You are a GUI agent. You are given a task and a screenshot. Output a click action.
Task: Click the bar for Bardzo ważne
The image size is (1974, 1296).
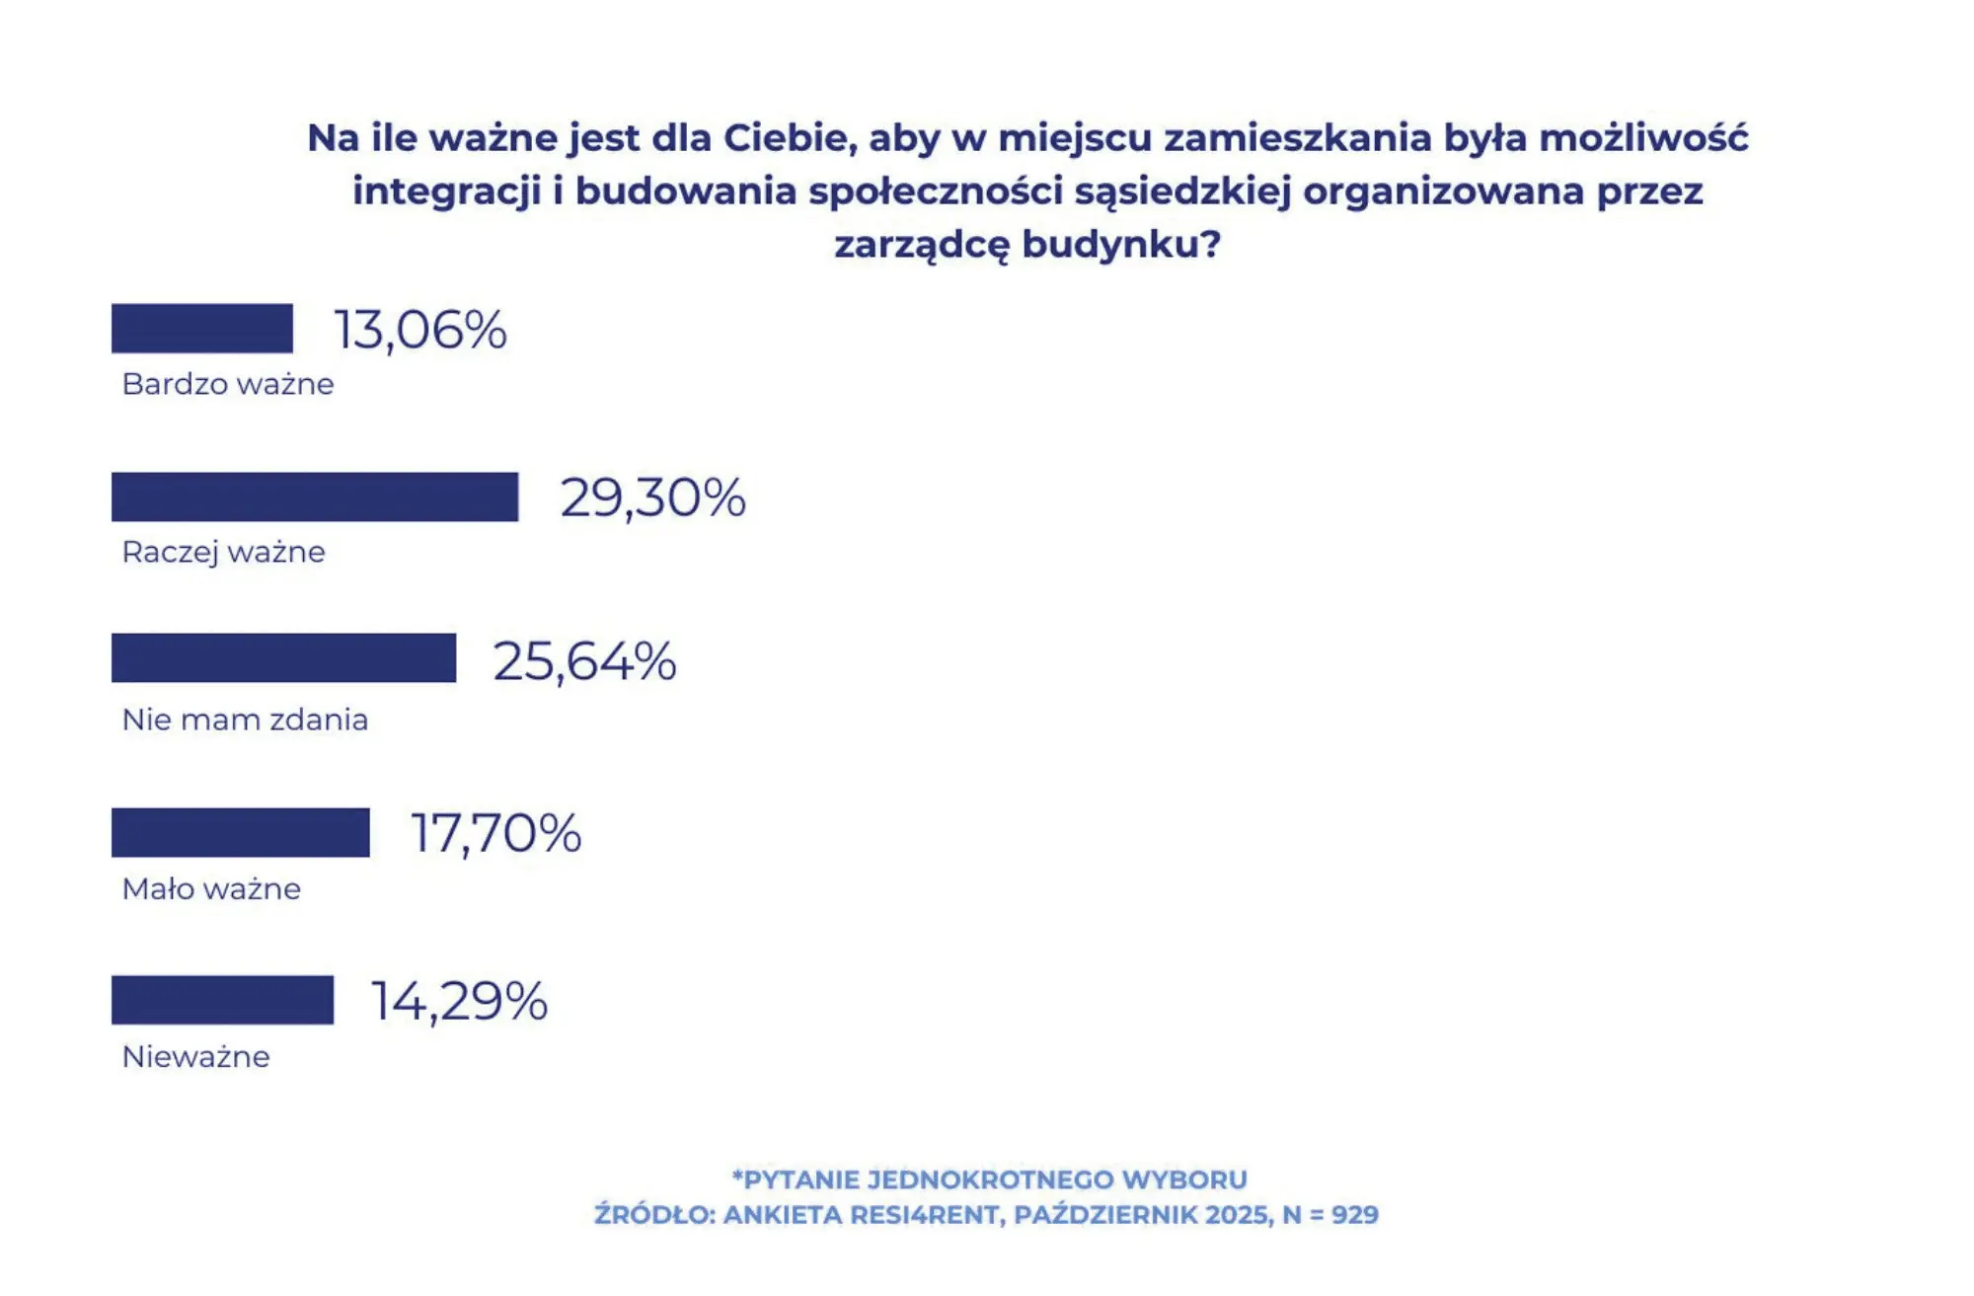click(x=202, y=329)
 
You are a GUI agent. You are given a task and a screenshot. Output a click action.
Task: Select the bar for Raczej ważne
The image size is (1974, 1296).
click(x=315, y=496)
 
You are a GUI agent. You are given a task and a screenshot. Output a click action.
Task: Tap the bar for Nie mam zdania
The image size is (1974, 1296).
click(x=284, y=657)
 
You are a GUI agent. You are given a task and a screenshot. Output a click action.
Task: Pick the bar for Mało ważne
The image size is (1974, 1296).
click(x=241, y=832)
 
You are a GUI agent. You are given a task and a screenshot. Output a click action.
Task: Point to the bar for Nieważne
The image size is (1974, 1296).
click(x=223, y=1000)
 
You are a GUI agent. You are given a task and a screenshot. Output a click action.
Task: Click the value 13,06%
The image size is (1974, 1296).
click(x=420, y=330)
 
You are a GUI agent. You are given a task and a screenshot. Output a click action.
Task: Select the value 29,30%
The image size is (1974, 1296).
click(x=652, y=497)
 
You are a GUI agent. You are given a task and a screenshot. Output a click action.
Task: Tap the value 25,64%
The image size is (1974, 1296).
click(x=584, y=661)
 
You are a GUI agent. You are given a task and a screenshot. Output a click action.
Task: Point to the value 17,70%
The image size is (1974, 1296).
click(x=495, y=834)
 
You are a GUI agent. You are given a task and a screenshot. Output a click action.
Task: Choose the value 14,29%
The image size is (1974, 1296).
click(x=459, y=1002)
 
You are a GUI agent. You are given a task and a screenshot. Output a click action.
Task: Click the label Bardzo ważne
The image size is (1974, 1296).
click(x=228, y=384)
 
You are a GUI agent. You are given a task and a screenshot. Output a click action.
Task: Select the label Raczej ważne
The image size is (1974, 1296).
click(x=223, y=552)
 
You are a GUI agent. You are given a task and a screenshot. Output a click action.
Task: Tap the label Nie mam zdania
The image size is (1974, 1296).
click(x=245, y=720)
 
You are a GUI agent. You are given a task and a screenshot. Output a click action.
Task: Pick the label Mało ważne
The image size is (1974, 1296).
click(x=211, y=889)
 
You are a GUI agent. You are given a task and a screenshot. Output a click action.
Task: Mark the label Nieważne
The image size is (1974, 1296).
click(x=195, y=1057)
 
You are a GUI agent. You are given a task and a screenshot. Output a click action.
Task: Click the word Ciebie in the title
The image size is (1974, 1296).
click(x=790, y=138)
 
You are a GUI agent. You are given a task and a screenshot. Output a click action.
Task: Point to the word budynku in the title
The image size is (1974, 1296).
click(x=1121, y=244)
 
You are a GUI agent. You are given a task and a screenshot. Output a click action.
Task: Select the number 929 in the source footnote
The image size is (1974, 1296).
click(x=1354, y=1215)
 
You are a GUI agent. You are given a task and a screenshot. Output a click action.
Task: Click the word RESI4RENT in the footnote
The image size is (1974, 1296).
click(x=927, y=1215)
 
